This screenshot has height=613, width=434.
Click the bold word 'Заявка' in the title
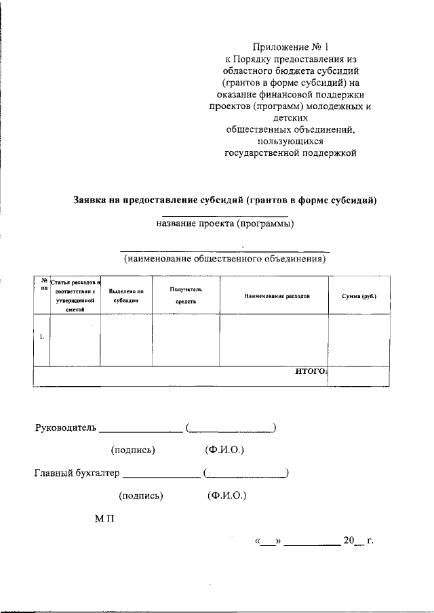pos(93,200)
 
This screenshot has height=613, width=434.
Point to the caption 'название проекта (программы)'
pos(225,224)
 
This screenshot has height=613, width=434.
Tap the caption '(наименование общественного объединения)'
pos(224,258)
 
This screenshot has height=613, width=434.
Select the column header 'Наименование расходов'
pos(275,296)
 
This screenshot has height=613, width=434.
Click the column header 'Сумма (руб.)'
pos(359,296)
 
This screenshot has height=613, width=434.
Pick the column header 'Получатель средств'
pos(185,295)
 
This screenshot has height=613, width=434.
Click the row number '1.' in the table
pos(42,337)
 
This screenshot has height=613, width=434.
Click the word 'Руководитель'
pos(66,427)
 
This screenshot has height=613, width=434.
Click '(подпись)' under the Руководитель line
pos(133,450)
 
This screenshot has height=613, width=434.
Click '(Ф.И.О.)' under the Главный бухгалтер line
pos(226,495)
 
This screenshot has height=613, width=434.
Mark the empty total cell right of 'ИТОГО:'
pos(359,375)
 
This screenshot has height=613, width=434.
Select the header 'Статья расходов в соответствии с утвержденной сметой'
pos(75,295)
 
